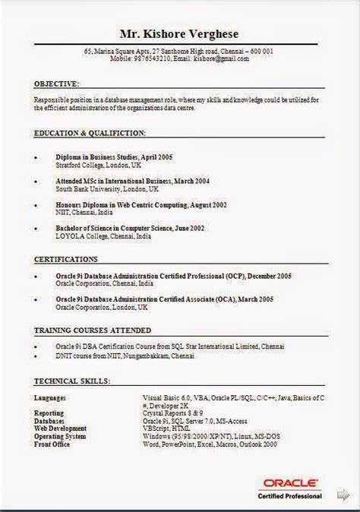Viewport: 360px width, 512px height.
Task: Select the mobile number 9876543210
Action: pyautogui.click(x=151, y=58)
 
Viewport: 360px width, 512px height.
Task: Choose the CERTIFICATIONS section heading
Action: pyautogui.click(x=66, y=259)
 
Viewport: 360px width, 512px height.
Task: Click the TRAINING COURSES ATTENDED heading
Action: pyautogui.click(x=92, y=330)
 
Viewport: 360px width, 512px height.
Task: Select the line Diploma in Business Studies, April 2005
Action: pyautogui.click(x=114, y=156)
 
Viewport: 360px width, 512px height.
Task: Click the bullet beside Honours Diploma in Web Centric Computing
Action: pyautogui.click(x=36, y=205)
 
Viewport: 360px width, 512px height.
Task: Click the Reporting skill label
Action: pyautogui.click(x=49, y=413)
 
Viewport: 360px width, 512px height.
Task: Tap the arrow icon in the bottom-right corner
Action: pyautogui.click(x=342, y=495)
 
